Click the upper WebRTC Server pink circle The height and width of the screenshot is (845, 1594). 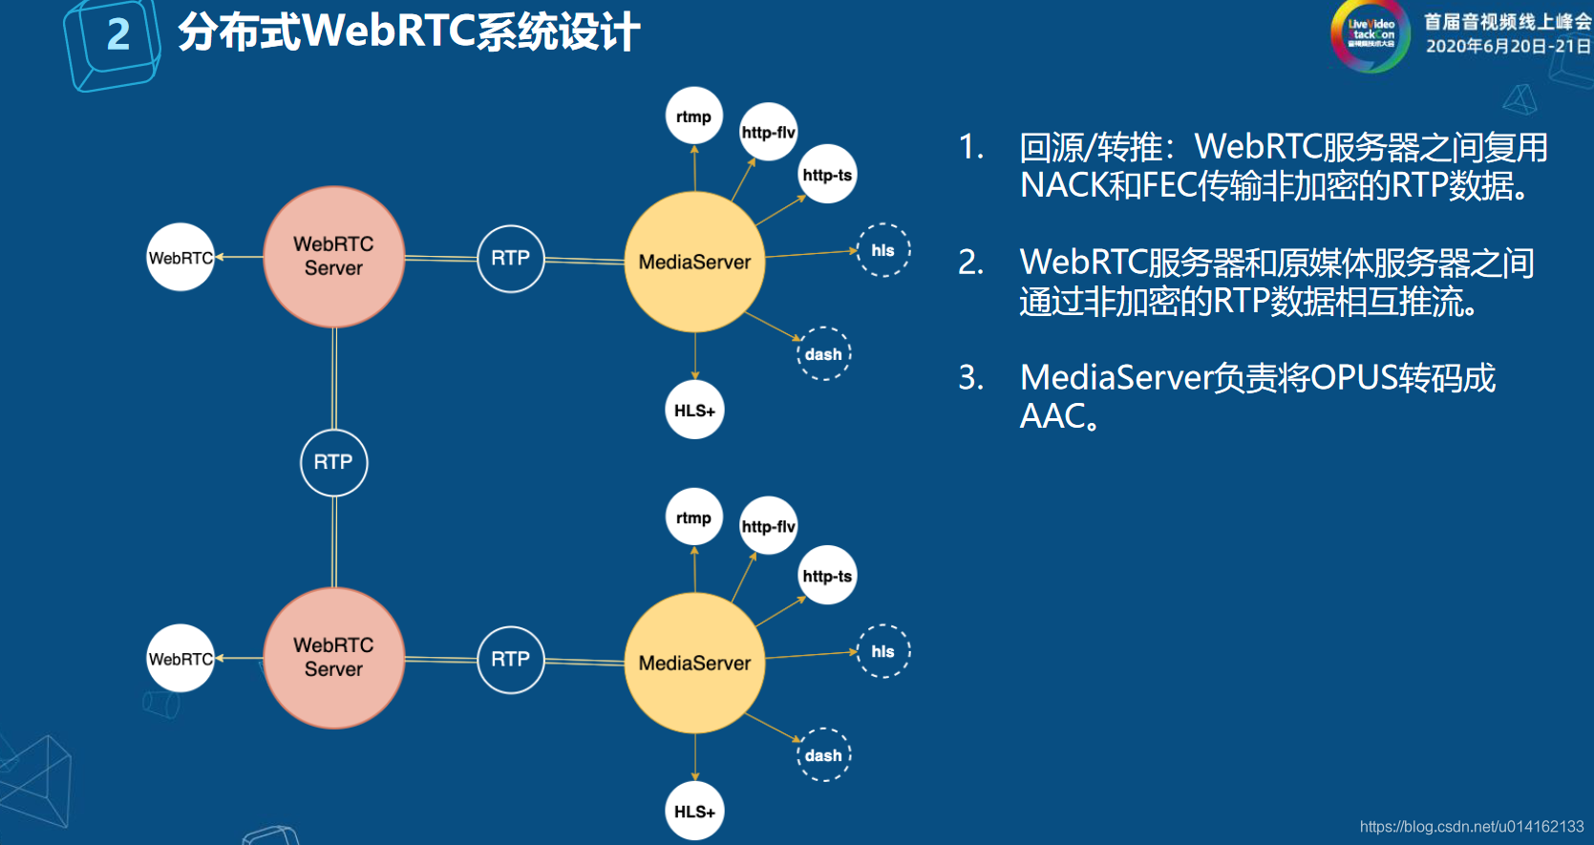tap(333, 257)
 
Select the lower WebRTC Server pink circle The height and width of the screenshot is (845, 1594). tap(333, 658)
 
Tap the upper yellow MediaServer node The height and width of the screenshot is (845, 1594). tap(694, 262)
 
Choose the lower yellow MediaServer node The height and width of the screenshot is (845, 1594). tap(694, 663)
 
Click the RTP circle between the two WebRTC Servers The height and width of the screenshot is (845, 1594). tap(333, 462)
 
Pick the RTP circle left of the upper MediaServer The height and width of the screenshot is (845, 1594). tap(511, 258)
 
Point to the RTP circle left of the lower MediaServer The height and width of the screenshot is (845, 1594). tap(511, 659)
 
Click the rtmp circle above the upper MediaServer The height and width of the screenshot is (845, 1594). tap(693, 116)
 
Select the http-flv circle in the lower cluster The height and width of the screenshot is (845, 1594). tap(768, 526)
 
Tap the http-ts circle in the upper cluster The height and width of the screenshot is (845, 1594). tap(827, 175)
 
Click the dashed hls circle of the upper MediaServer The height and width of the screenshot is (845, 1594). tap(882, 250)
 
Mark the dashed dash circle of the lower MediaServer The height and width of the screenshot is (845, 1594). tap(823, 755)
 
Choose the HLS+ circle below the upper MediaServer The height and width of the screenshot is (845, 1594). tap(694, 411)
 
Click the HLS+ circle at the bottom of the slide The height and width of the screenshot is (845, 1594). tap(694, 812)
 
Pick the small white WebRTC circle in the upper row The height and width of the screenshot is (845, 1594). tap(181, 258)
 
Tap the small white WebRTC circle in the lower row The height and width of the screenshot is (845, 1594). tap(181, 659)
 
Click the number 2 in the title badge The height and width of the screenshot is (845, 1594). tap(118, 35)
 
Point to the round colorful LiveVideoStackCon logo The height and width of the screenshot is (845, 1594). tap(1371, 35)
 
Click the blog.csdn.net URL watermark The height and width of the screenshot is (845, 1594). tap(1471, 827)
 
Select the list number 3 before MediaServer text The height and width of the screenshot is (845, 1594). tap(970, 378)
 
